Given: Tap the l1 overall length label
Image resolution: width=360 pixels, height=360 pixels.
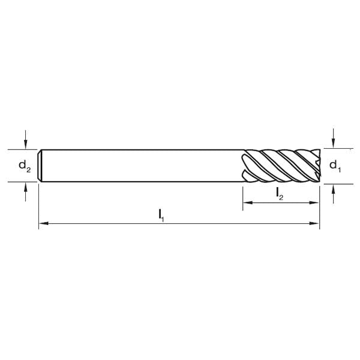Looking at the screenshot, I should [x=162, y=214].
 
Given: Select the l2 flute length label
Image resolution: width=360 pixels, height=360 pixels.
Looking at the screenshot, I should [x=280, y=193].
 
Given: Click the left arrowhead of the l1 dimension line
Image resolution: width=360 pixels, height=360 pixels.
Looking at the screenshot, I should [x=43, y=224].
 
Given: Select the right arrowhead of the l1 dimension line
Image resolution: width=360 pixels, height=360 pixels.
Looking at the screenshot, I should [x=315, y=224].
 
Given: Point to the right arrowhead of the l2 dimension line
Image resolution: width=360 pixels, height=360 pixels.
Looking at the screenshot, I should [x=315, y=204].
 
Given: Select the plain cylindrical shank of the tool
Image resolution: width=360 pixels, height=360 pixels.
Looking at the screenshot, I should [x=144, y=165].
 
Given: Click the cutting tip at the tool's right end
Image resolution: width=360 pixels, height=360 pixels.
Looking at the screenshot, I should [x=317, y=165].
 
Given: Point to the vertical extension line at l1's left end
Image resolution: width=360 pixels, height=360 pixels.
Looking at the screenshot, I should [x=39, y=204].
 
